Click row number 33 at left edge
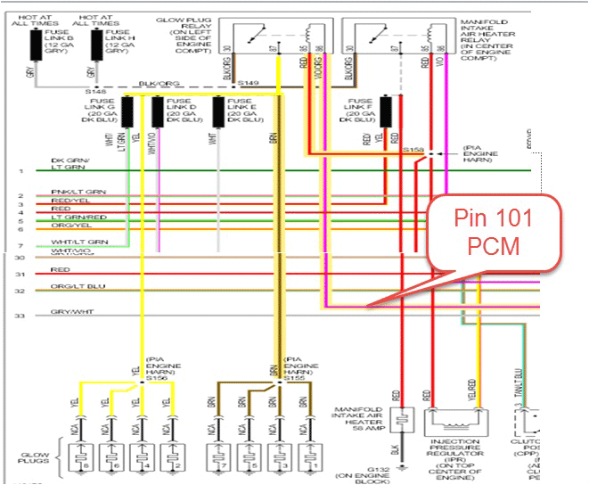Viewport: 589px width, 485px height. [19, 316]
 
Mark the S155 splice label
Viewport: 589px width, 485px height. [293, 378]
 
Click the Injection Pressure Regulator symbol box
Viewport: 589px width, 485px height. [460, 420]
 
